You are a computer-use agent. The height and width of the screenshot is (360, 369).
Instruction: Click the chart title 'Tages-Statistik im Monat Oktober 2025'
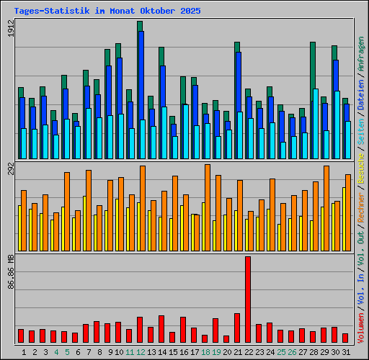click(x=107, y=12)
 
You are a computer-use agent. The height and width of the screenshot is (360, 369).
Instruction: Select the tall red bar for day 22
click(x=248, y=299)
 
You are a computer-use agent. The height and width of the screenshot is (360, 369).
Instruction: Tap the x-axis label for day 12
click(x=141, y=352)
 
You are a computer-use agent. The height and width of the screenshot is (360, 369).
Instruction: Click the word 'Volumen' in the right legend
click(x=361, y=327)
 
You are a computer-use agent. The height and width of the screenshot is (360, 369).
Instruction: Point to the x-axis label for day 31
click(x=346, y=352)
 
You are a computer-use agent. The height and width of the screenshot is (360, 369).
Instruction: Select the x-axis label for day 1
click(x=24, y=352)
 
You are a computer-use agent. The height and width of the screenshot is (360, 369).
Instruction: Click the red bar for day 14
click(x=161, y=328)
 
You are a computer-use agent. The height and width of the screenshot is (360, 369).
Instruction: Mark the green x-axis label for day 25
click(x=280, y=352)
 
